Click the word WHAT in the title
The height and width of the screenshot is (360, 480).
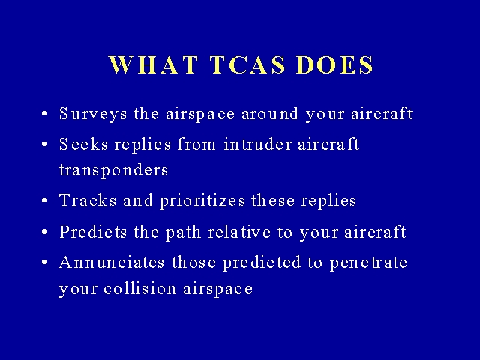click(x=153, y=64)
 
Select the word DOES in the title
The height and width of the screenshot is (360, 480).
click(x=335, y=64)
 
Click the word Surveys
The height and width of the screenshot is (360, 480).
click(x=93, y=114)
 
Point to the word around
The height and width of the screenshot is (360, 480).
click(x=270, y=113)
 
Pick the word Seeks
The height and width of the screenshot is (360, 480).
click(x=83, y=144)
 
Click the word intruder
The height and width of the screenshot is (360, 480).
click(x=258, y=144)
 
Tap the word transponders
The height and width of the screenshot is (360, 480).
click(x=113, y=170)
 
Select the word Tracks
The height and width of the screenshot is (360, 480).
click(x=88, y=200)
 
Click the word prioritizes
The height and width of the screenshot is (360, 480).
click(x=202, y=202)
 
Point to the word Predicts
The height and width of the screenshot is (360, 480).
click(x=93, y=232)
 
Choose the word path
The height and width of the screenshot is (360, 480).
click(x=183, y=232)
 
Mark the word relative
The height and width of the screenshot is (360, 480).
click(x=239, y=232)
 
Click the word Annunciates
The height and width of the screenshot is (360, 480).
click(x=112, y=262)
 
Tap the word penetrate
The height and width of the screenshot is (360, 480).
click(x=368, y=263)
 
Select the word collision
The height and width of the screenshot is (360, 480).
click(x=140, y=288)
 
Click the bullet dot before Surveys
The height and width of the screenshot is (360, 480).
click(x=44, y=114)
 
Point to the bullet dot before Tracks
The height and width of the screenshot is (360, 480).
click(x=44, y=201)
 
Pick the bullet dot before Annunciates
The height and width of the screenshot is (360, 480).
click(x=44, y=262)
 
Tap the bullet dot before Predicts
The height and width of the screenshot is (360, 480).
click(x=44, y=232)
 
